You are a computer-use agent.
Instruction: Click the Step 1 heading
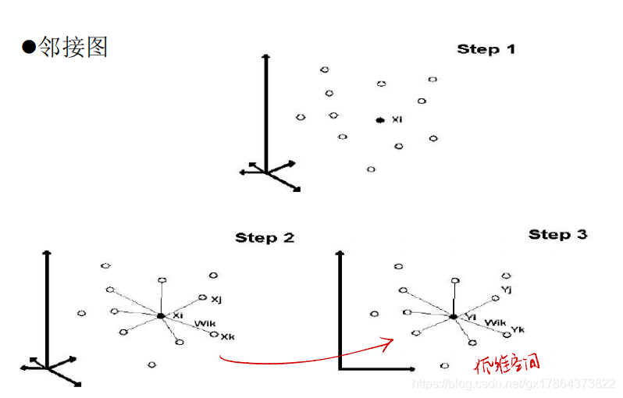(x=486, y=49)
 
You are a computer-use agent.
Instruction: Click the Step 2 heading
(x=265, y=237)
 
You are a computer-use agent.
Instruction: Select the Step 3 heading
(x=557, y=234)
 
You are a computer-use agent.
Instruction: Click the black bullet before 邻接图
(x=29, y=48)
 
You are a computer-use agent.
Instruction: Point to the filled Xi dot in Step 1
(x=379, y=120)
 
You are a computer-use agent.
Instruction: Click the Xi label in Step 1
(x=397, y=119)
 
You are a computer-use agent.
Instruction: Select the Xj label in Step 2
(x=216, y=299)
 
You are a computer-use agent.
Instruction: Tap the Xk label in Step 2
(x=227, y=337)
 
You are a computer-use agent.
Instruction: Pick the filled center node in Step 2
(x=160, y=315)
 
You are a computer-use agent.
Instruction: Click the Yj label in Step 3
(x=506, y=290)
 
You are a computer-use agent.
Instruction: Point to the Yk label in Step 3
(x=517, y=329)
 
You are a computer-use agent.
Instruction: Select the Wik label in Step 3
(x=494, y=322)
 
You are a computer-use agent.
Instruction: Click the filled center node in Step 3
(x=453, y=317)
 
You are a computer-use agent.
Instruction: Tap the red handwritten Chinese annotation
(x=507, y=364)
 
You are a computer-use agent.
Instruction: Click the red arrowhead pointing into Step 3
(x=388, y=342)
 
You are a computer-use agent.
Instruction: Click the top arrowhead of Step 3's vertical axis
(x=340, y=254)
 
